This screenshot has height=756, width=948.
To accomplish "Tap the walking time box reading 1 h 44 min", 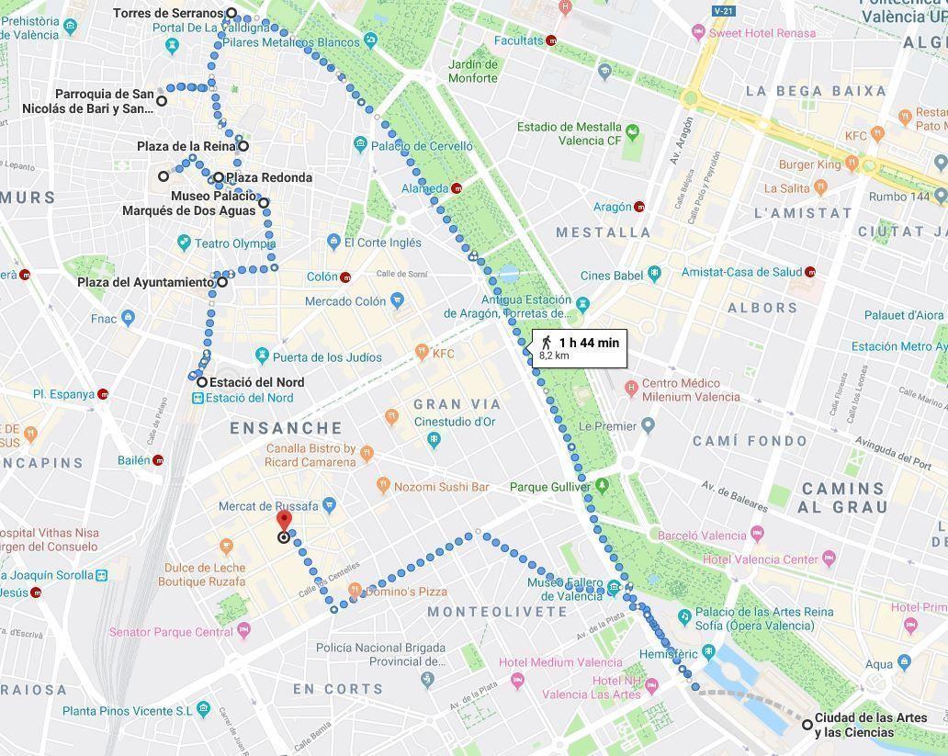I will pos(580,348).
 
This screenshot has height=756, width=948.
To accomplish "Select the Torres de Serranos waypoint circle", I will pos(231,14).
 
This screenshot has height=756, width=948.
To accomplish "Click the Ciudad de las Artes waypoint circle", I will pos(807,725).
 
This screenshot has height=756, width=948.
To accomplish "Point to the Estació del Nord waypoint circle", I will pos(201,381).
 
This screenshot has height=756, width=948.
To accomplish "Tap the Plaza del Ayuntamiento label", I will pos(145,282).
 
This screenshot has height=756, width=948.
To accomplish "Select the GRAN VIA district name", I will pos(457,404).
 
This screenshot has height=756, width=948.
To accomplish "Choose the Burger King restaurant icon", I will pos(852,164).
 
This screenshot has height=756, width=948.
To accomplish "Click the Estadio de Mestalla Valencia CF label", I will pos(569,134).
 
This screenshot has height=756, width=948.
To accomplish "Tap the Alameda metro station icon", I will pos(457,188).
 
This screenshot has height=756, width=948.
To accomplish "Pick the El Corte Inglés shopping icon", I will pos(333,243).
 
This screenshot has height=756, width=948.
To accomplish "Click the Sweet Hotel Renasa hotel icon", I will pos(698,33).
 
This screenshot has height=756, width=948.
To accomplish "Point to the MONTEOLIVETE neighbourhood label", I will pos(498,612).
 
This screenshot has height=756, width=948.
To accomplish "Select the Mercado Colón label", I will pos(344,301).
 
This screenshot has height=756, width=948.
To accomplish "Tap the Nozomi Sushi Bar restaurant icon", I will pos(383,485).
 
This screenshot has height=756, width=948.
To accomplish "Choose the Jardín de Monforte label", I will pos(473,71).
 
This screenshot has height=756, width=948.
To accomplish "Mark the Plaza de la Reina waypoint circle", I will pos(243,146).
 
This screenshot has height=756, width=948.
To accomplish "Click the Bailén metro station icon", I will pos(159,460).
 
